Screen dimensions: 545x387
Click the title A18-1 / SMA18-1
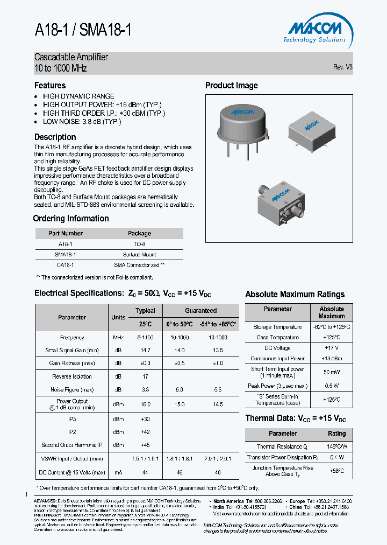tap(83, 31)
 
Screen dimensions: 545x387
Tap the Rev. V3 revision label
tap(342, 67)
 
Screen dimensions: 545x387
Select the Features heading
tap(50, 86)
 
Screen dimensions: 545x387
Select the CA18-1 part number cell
tap(65, 265)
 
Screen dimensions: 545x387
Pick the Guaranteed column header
tap(200, 311)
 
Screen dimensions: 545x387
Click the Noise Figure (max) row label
tap(71, 389)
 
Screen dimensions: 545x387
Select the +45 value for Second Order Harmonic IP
tap(145, 445)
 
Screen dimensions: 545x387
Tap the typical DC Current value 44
tap(145, 472)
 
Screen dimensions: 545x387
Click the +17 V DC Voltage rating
tap(332, 348)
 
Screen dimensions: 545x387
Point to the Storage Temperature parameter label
tap(277, 327)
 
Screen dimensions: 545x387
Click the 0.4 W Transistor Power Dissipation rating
tap(337, 458)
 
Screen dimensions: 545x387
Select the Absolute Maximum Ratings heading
tap(295, 295)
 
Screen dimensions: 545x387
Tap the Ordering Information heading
tap(71, 219)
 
